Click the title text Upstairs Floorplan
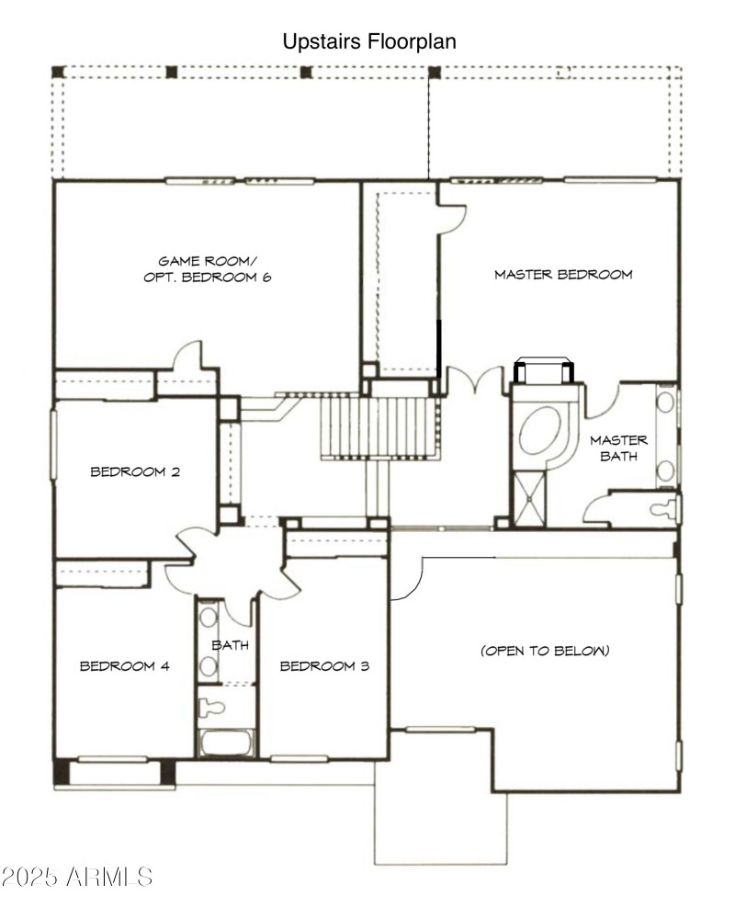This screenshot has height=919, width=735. coord(368,41)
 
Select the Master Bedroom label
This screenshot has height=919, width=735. coord(563,274)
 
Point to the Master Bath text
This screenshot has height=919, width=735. coord(618,448)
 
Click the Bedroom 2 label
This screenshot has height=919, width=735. coord(135,471)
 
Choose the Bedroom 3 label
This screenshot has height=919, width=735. coord(324,665)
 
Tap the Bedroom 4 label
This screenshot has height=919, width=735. coord(124,665)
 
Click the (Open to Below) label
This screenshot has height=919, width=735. coord(544,651)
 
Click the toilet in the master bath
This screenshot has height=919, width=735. coord(661,508)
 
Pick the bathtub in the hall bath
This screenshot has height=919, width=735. coord(226,743)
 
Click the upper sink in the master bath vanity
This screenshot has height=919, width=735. coord(666,403)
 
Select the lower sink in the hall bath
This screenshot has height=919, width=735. coord(208,668)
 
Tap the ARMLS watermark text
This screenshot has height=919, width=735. coord(77,876)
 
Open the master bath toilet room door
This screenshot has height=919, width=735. coord(606,508)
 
